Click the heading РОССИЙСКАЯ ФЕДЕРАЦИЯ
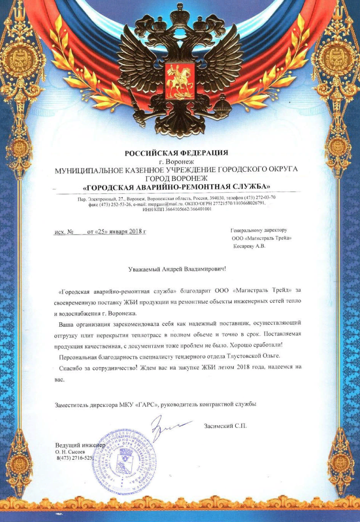[176, 154]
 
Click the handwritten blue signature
[166, 427]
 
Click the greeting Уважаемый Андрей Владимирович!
[177, 269]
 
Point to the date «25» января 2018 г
[117, 232]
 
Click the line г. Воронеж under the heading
[177, 162]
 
